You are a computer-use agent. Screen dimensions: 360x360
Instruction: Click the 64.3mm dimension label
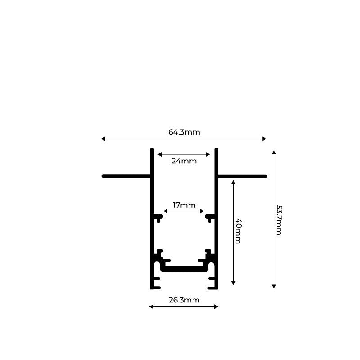point(184,132)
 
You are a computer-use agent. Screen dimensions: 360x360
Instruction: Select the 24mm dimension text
point(184,161)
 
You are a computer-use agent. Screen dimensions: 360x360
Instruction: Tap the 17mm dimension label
point(184,206)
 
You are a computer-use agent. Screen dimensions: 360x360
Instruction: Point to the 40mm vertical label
point(238,231)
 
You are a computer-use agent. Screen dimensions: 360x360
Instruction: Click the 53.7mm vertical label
point(279,220)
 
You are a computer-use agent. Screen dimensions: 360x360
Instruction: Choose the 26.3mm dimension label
point(184,300)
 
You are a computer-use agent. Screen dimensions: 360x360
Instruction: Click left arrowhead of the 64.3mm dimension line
point(103,139)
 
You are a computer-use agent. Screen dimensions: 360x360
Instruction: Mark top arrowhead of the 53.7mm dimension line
point(274,153)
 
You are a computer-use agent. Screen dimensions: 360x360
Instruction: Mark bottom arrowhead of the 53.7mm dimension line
point(274,286)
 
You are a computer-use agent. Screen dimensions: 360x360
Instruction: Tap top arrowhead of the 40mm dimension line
point(233,182)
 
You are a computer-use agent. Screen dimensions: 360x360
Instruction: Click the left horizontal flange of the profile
point(126,176)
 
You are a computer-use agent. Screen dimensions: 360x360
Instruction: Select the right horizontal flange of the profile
point(242,176)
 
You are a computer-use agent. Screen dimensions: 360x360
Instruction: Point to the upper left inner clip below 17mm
point(158,217)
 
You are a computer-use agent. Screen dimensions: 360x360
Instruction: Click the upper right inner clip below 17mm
point(210,217)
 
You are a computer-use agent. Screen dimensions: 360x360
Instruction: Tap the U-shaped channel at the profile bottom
point(184,269)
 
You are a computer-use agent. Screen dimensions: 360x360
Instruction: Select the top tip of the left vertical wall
point(152,149)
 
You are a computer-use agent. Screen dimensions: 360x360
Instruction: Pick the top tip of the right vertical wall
point(216,149)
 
